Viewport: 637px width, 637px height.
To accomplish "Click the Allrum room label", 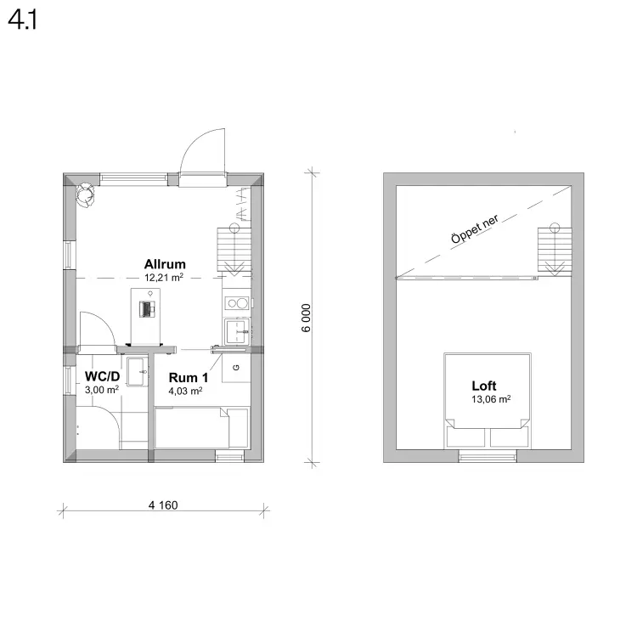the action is (165, 264).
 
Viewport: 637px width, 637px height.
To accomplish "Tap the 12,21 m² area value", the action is (164, 278).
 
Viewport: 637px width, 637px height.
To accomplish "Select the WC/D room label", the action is (103, 376).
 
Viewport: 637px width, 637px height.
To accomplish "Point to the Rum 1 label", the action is (189, 377).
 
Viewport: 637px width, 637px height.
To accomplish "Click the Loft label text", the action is (484, 386).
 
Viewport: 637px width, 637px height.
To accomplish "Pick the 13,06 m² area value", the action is (491, 399).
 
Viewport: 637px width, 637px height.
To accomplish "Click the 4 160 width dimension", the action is (163, 505).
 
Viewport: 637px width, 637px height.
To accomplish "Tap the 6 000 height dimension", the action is (307, 318).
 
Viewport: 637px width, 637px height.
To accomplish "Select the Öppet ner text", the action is (475, 229).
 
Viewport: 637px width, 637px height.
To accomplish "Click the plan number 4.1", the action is (23, 20).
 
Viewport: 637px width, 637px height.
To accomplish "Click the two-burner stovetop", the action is (237, 303).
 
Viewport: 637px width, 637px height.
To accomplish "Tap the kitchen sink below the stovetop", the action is (237, 331).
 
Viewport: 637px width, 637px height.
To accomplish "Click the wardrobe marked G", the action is (236, 368).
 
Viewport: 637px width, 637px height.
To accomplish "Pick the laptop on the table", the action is (147, 309).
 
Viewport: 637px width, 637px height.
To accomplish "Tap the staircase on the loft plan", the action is (555, 250).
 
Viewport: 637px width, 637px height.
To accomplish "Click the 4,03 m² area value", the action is (186, 392).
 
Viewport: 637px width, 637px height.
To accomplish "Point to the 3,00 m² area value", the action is (102, 390).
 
